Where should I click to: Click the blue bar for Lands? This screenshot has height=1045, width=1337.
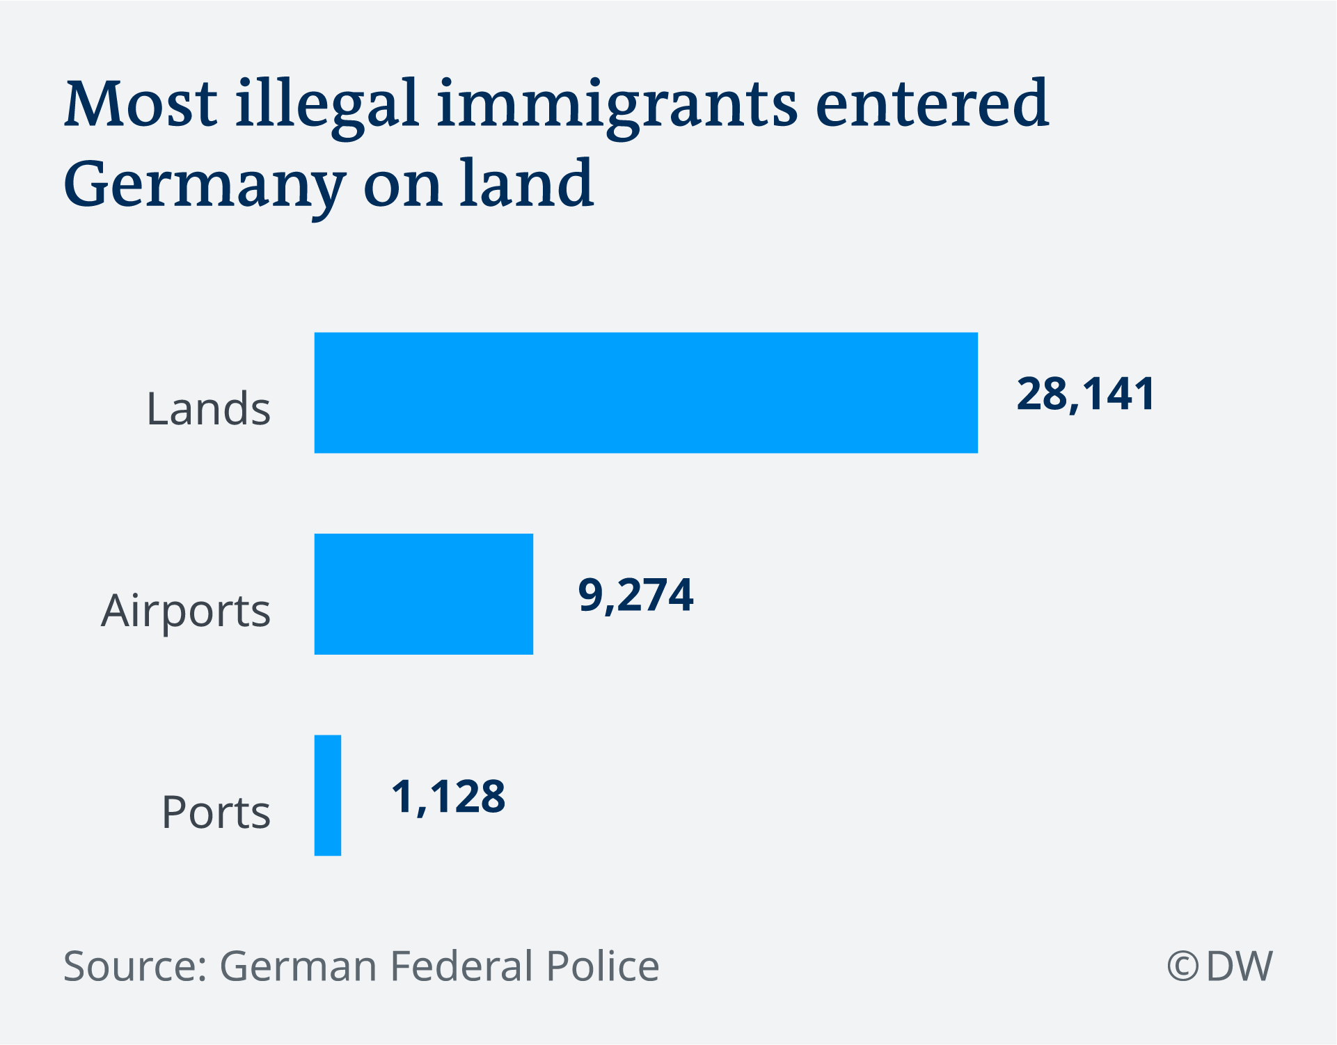pyautogui.click(x=646, y=393)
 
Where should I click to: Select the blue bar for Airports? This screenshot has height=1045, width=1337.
pyautogui.click(x=424, y=594)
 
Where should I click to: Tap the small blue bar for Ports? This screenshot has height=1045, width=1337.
pyautogui.click(x=328, y=795)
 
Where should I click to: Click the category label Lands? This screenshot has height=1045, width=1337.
pyautogui.click(x=208, y=408)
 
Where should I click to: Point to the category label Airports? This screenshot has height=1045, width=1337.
pyautogui.click(x=186, y=611)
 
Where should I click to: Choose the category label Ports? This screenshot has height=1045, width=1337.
pyautogui.click(x=216, y=812)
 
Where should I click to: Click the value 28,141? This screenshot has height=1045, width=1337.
pyautogui.click(x=1086, y=394)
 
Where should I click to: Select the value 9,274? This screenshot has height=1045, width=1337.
pyautogui.click(x=636, y=596)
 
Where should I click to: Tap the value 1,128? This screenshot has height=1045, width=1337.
pyautogui.click(x=448, y=797)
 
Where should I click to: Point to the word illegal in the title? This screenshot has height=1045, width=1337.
pyautogui.click(x=327, y=108)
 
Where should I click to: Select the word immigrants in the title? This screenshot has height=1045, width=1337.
pyautogui.click(x=617, y=108)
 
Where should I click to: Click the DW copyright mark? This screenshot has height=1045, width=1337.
pyautogui.click(x=1220, y=966)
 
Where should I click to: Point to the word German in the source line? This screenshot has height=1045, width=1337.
pyautogui.click(x=298, y=966)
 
